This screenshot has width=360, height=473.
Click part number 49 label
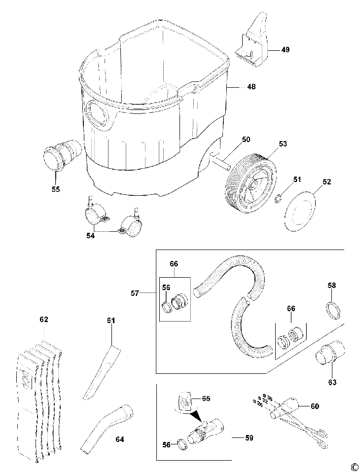(x=286, y=50)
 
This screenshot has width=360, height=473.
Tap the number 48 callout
(x=252, y=87)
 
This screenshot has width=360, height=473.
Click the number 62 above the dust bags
(x=44, y=320)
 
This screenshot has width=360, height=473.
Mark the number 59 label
(x=238, y=437)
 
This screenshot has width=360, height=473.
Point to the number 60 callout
(x=315, y=406)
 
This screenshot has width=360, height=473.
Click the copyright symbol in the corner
(x=354, y=467)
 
